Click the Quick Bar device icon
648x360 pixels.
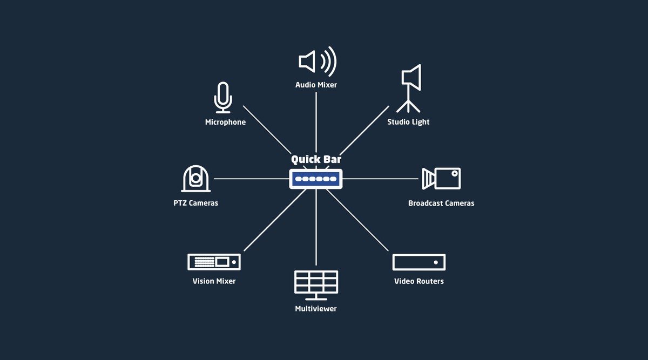[315, 179]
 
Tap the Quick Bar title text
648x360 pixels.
[316, 159]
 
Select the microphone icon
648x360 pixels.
[223, 98]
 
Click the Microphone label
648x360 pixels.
[225, 122]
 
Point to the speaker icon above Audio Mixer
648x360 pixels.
[318, 62]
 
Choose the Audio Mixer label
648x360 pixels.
[316, 85]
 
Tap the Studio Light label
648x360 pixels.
[408, 122]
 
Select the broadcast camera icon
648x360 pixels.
[441, 179]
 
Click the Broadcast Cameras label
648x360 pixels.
[441, 203]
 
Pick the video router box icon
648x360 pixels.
[419, 262]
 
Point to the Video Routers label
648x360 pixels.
[419, 281]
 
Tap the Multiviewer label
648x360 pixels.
[316, 309]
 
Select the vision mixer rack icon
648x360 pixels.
[214, 262]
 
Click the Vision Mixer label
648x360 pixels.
[214, 281]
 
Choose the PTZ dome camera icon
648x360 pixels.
[196, 179]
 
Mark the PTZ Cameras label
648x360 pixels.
[196, 203]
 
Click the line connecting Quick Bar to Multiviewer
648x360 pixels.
[316, 227]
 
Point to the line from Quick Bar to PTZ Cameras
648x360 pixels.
[252, 179]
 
